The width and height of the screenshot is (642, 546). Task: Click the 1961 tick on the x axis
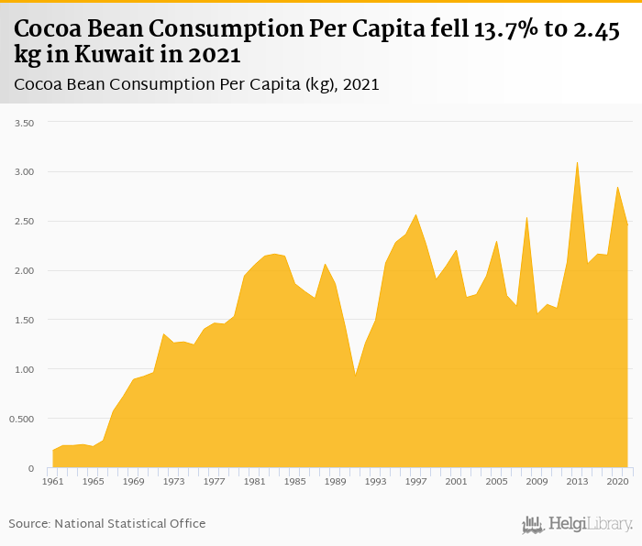coord(54,480)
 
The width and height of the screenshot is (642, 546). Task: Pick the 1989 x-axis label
coord(336,480)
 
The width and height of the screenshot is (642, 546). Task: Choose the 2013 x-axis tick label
coord(577,480)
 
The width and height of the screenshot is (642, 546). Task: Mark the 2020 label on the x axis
coord(616,480)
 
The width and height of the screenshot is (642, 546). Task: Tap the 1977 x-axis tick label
coord(215,480)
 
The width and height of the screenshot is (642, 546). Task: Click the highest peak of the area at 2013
coord(577,163)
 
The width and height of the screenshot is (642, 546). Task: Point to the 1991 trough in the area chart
coord(356,374)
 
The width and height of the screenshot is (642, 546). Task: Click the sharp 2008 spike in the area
coord(526,217)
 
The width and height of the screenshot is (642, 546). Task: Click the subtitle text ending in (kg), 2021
coord(197,85)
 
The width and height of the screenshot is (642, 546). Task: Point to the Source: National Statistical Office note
coord(107,523)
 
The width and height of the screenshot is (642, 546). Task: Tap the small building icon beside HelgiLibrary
coord(533,525)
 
